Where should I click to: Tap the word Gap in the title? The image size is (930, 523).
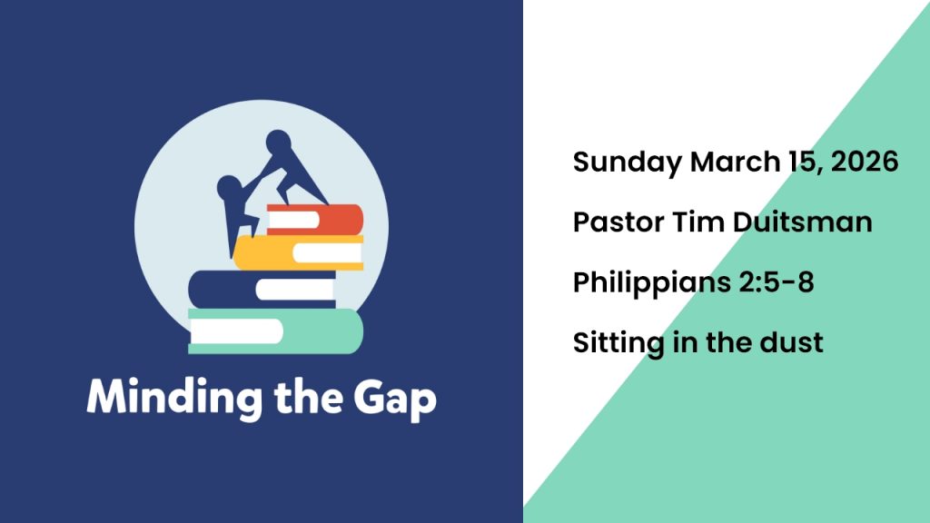[395, 400]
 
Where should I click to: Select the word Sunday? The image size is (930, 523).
[628, 163]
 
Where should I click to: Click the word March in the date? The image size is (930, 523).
[735, 162]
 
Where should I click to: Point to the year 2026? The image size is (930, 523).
[865, 162]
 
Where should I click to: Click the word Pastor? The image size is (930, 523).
[618, 222]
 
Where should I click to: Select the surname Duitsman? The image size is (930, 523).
[803, 222]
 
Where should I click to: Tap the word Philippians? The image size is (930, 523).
[652, 283]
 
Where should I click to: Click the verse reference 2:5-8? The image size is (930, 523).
[777, 282]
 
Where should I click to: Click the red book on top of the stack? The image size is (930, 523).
[314, 220]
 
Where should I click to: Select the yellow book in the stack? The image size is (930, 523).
[298, 252]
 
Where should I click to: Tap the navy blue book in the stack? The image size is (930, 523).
[262, 290]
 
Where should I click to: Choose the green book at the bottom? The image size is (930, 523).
[275, 331]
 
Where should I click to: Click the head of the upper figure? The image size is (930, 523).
[278, 143]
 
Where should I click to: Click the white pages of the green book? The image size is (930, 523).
[236, 331]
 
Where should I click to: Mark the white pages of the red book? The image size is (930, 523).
[293, 220]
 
